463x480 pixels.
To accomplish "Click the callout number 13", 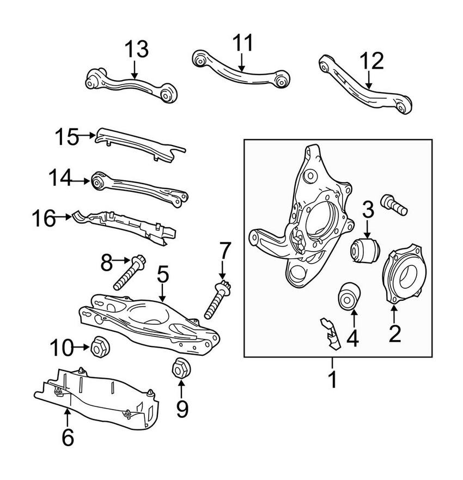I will click(136, 50).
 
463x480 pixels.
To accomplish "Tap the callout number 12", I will click(371, 60).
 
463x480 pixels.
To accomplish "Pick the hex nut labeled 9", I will click(180, 369).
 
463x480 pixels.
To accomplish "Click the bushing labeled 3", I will click(364, 248).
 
